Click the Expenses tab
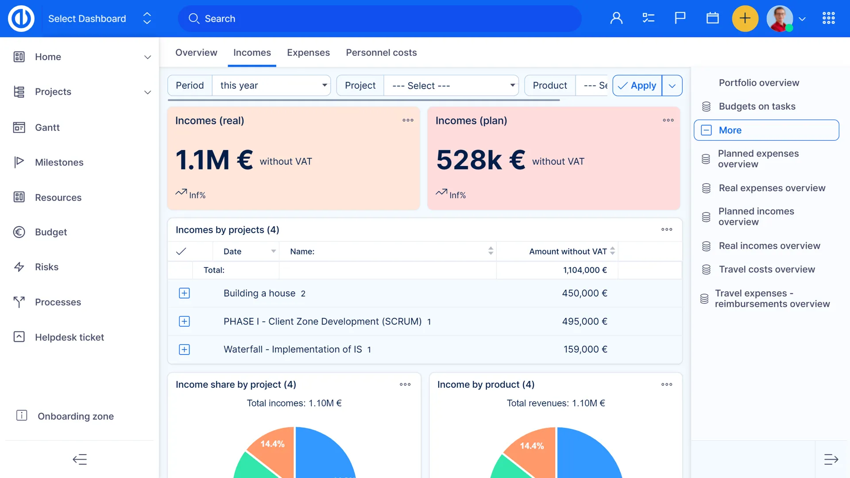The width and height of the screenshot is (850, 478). [x=308, y=53]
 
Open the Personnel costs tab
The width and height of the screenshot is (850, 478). [x=381, y=53]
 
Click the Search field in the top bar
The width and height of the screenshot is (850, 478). [x=380, y=19]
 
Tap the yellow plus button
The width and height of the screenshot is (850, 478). [x=745, y=19]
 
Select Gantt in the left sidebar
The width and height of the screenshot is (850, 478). [x=47, y=127]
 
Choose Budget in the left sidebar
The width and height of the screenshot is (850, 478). [x=51, y=232]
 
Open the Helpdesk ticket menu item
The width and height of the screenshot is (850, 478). [x=69, y=337]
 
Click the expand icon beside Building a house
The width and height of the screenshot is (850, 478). [x=184, y=293]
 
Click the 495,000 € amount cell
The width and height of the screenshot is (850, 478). [x=584, y=321]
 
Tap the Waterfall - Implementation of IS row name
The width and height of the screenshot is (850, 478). [x=293, y=349]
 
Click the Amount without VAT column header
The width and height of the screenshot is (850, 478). [x=568, y=251]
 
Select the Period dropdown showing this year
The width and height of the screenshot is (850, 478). [x=271, y=85]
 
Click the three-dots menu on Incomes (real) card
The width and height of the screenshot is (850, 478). [x=408, y=120]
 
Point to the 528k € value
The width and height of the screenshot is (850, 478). [x=480, y=160]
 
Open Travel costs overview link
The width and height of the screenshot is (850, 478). [x=766, y=269]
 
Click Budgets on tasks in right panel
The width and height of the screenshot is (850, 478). [x=757, y=106]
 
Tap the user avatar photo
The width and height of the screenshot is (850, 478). [x=780, y=19]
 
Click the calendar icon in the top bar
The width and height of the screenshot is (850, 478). [x=712, y=19]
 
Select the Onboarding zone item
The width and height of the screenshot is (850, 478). [x=75, y=416]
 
